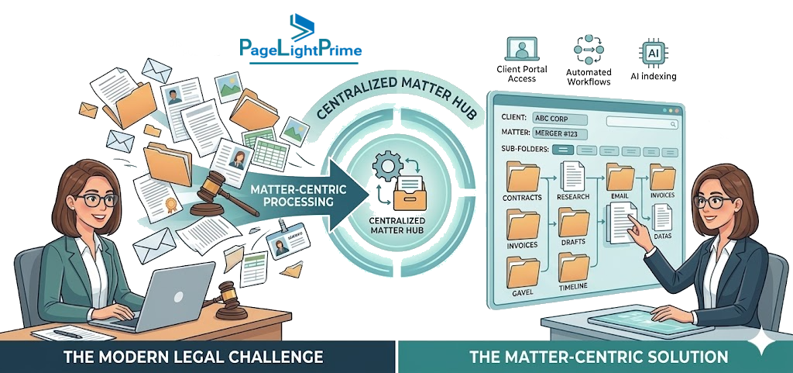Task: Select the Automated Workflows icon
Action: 589,49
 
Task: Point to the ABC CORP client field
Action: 560,120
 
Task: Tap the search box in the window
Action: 642,123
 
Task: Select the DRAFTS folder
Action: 574,223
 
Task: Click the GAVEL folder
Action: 522,271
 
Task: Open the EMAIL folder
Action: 620,177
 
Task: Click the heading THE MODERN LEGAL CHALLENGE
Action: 193,356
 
